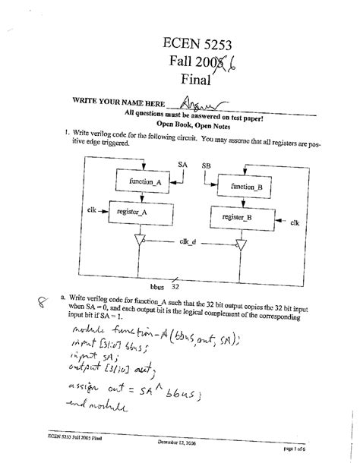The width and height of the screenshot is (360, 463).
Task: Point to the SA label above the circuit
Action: [x=182, y=164]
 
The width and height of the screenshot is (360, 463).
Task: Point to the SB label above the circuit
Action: [x=207, y=165]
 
